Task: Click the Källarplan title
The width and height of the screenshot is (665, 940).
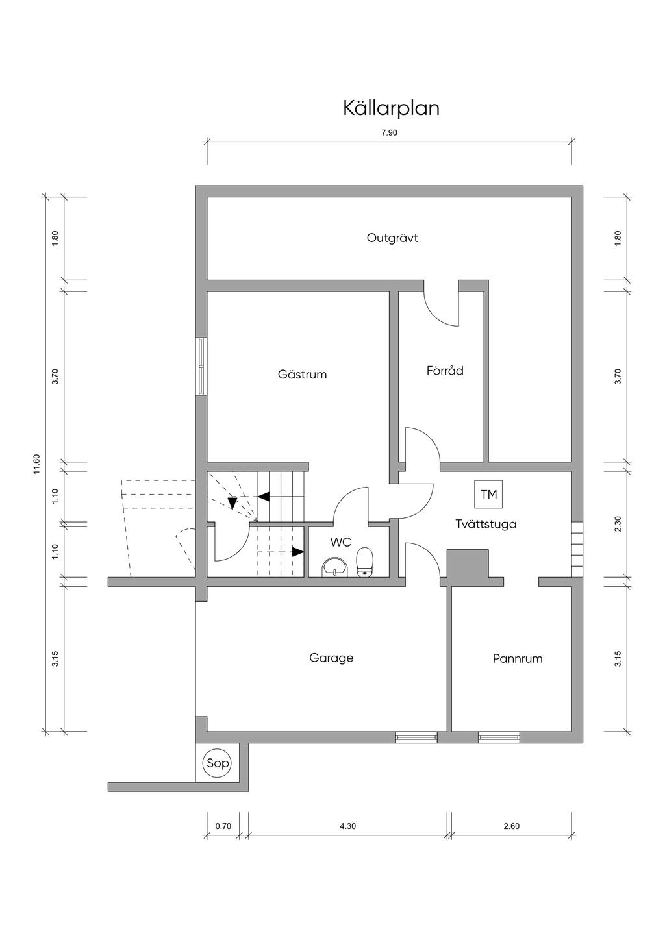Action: (x=391, y=108)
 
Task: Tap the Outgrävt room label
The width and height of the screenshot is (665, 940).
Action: (x=392, y=238)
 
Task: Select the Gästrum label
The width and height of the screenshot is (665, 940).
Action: (x=302, y=375)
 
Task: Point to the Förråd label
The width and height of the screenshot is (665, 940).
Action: (x=445, y=371)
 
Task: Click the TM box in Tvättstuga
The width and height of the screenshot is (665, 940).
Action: (x=488, y=495)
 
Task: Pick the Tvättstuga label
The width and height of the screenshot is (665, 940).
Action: (x=486, y=524)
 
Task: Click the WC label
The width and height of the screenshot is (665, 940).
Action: (x=341, y=542)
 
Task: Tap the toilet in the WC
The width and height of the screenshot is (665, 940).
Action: (x=365, y=562)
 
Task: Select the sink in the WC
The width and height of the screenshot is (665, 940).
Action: (x=335, y=567)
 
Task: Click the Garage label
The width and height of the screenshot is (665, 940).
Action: (x=331, y=658)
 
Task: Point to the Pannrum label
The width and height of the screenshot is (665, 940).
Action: (x=517, y=659)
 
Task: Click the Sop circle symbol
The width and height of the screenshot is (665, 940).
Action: (x=218, y=763)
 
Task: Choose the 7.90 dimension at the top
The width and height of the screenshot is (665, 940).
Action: (x=389, y=132)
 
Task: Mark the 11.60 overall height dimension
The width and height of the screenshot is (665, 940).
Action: (x=36, y=465)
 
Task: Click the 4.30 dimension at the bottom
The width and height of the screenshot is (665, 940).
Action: (x=347, y=826)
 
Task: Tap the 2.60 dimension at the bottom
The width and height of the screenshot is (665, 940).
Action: (x=511, y=826)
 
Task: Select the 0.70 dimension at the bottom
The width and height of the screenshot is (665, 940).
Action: (x=223, y=826)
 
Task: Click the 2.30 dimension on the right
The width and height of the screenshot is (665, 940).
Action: (x=618, y=524)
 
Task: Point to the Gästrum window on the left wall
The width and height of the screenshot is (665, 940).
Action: (x=201, y=366)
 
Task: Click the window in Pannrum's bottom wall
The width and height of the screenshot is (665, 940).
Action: (x=499, y=737)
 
